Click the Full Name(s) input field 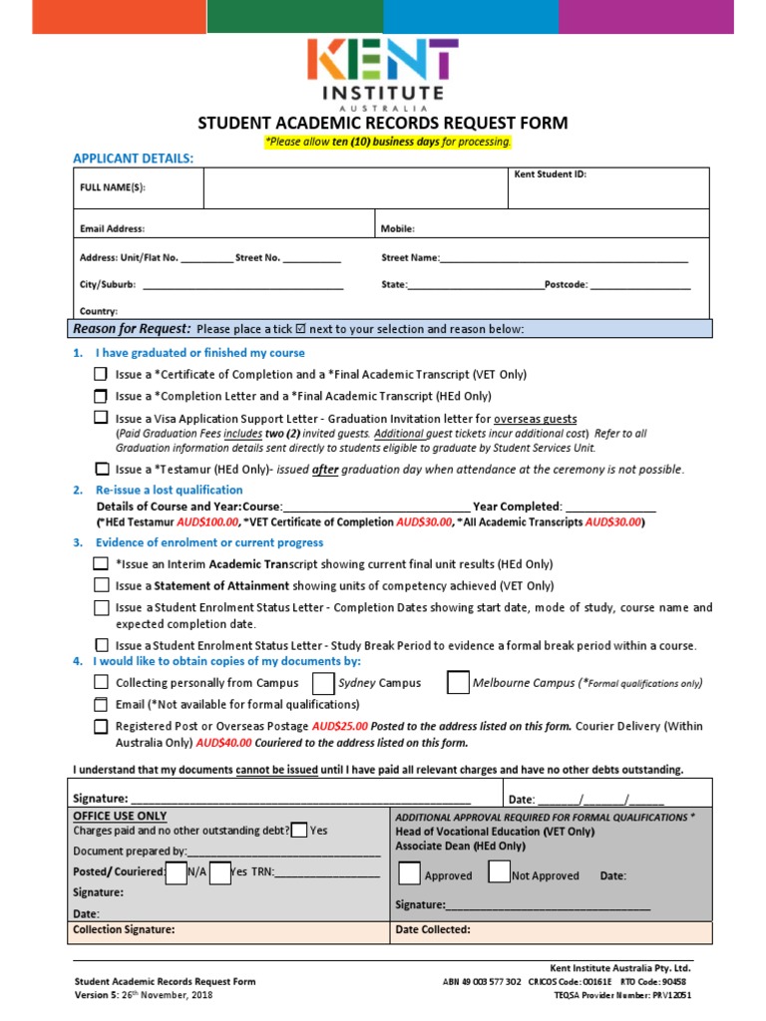(x=355, y=187)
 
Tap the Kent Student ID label (x=550, y=173)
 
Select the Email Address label (x=112, y=228)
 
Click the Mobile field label (x=398, y=228)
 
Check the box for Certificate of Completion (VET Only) (x=102, y=375)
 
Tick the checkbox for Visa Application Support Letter (x=102, y=419)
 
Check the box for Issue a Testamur (x=102, y=469)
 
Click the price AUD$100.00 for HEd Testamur (x=207, y=521)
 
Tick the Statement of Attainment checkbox (x=102, y=585)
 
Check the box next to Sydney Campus (x=323, y=683)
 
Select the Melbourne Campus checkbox (x=458, y=683)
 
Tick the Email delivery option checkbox (x=102, y=704)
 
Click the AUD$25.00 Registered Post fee (x=340, y=726)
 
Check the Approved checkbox (x=409, y=873)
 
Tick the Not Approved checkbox (x=499, y=872)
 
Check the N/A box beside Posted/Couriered (x=176, y=871)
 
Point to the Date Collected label (x=433, y=929)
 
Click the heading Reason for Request (x=132, y=329)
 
